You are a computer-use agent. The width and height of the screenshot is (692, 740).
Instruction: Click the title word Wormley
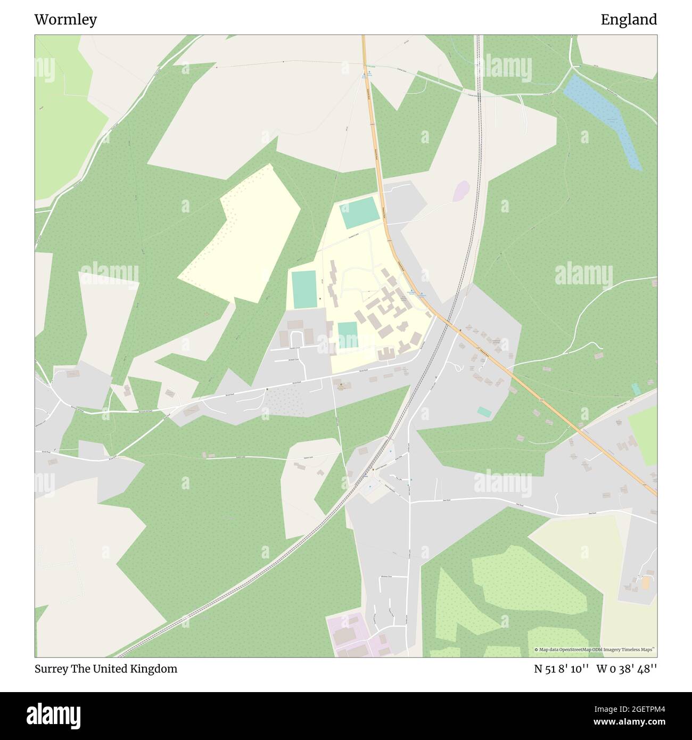(65, 20)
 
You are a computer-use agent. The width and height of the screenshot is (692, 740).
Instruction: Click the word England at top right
(629, 20)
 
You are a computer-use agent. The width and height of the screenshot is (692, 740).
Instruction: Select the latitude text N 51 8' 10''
(561, 669)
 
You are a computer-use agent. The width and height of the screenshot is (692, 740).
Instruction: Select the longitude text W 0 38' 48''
(627, 669)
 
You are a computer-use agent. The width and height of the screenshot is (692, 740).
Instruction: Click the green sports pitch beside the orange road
(359, 212)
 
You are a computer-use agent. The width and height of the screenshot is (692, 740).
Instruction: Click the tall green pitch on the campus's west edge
(304, 289)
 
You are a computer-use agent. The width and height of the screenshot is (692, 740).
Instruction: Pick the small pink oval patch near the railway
(461, 191)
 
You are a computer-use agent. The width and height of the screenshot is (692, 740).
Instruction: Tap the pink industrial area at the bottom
(354, 636)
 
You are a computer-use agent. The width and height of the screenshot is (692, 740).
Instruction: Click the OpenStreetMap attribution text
(595, 649)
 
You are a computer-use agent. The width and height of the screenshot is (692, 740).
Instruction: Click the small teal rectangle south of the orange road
(484, 412)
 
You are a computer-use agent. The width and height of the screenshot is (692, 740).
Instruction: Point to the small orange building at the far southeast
(646, 582)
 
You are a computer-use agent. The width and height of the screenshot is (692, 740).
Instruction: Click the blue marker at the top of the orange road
(369, 72)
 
